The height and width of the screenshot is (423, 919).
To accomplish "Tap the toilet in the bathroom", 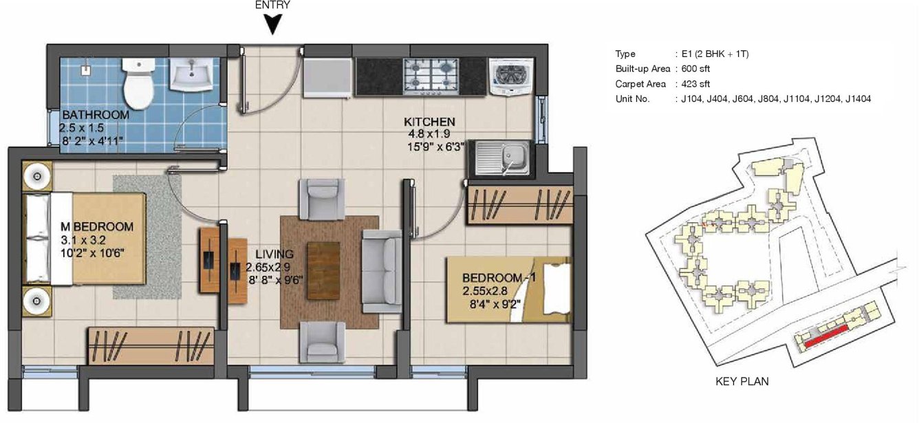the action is coord(139,83).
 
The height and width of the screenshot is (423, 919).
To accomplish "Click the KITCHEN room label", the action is coord(429,122).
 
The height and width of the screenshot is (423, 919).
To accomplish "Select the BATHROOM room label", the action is coord(96,115).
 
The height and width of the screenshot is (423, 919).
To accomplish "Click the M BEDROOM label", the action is coord(97,226).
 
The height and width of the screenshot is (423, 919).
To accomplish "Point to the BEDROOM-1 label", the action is coord(499,278).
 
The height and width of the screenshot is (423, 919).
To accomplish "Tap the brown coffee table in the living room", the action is coord(323,270).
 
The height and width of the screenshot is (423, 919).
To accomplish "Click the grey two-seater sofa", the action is coord(382,271).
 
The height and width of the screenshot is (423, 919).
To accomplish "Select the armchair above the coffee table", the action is coord(322,199).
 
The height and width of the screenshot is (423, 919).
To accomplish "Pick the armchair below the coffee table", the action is coord(322,342).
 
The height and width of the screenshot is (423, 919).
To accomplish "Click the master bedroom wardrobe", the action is coord(151,346).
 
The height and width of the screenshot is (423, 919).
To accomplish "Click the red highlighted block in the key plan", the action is coord(826,336).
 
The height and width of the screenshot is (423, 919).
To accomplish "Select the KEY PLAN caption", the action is coord(742,382).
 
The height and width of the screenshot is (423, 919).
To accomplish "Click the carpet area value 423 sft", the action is coord(695,84).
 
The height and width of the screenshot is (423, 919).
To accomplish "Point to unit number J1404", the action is coord(858,99).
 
